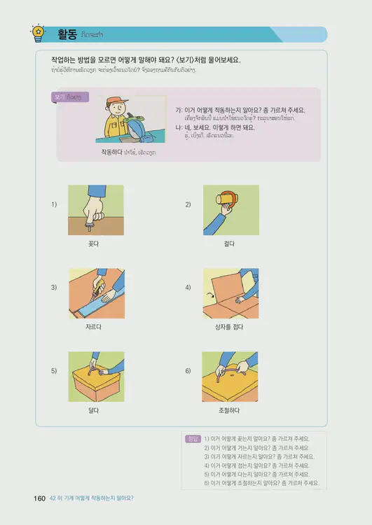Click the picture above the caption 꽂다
(x=96, y=210)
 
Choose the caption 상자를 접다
(x=230, y=327)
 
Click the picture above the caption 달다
(x=96, y=377)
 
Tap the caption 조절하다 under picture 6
(x=230, y=410)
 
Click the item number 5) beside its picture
(x=54, y=370)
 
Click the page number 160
(x=39, y=498)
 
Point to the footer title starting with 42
(x=91, y=498)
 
